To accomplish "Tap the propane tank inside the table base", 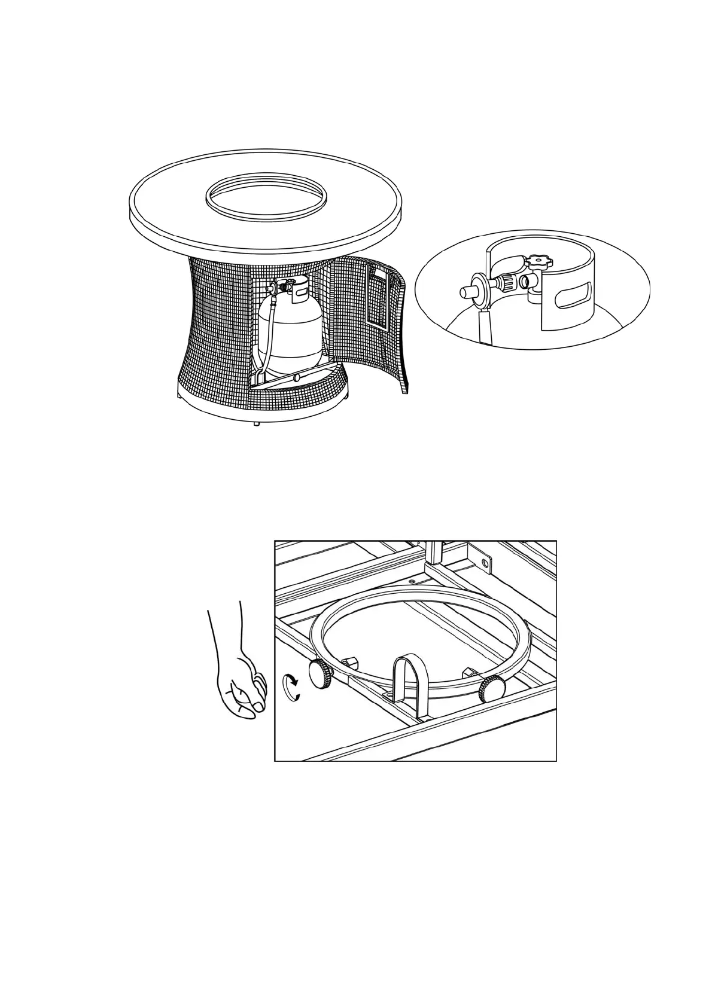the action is point(290,329).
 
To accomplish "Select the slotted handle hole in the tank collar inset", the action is point(573,298).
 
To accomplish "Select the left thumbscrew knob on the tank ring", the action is point(321,676).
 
